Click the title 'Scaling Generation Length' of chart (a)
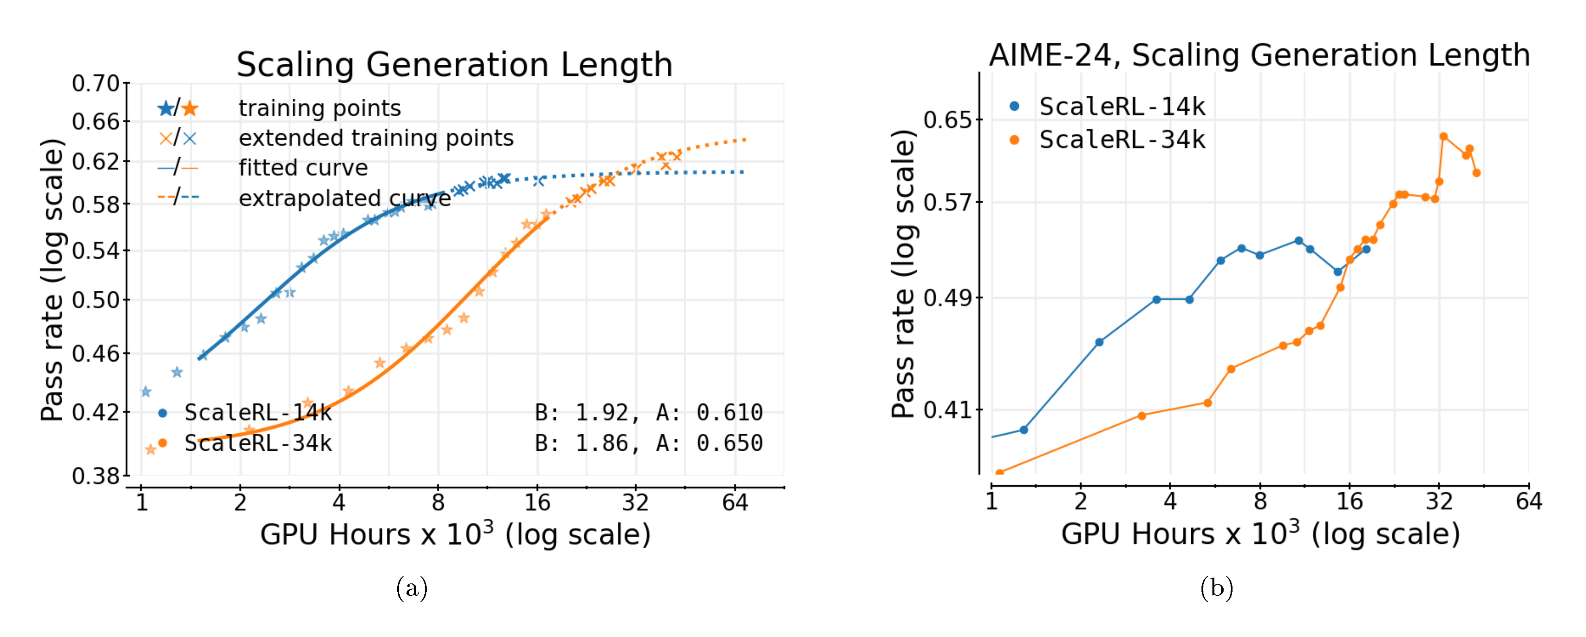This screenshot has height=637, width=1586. tap(454, 65)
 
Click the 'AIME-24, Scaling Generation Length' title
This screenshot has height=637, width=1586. tap(1259, 56)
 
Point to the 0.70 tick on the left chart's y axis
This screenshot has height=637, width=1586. tap(96, 83)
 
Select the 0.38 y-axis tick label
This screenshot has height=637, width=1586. tap(96, 475)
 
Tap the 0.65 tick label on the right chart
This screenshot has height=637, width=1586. tap(947, 119)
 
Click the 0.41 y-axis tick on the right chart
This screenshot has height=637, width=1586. tap(947, 410)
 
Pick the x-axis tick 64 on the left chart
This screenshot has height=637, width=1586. tap(734, 503)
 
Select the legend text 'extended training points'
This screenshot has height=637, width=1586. tap(375, 138)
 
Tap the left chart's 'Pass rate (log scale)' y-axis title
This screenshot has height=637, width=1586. tap(52, 280)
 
